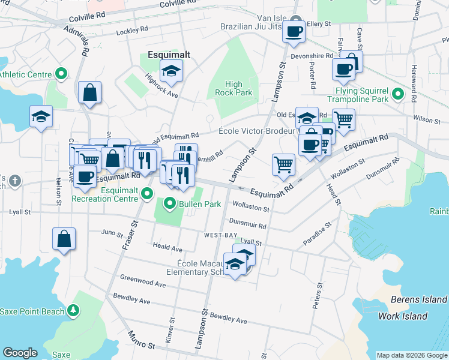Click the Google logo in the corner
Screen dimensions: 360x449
[20, 353]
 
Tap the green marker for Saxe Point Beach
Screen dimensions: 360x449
[73, 310]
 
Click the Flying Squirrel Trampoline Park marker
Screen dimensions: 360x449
[397, 94]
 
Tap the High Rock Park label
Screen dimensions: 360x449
[234, 88]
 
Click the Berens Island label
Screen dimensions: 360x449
[418, 299]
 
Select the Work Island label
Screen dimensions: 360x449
[403, 316]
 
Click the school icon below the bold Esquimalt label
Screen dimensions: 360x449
[172, 71]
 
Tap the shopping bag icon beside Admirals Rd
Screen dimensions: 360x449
[89, 93]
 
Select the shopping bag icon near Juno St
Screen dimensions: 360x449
[64, 239]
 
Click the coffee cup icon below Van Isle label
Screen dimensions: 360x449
[294, 32]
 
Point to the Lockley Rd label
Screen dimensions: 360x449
[132, 30]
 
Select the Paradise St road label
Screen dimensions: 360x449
[317, 233]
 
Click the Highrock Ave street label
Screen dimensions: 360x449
[161, 86]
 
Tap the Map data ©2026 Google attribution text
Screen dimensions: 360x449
[412, 355]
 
